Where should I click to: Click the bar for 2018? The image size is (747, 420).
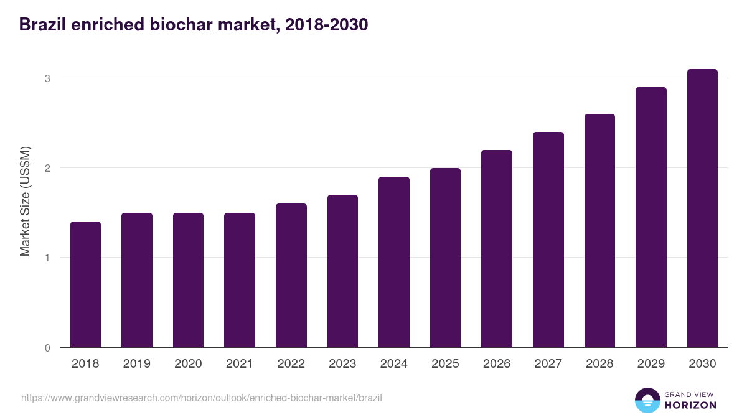(85, 284)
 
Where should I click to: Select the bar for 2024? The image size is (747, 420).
(394, 262)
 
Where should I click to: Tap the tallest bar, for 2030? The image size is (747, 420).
(702, 208)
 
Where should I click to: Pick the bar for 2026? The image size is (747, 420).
(497, 249)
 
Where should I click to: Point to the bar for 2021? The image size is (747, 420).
(240, 280)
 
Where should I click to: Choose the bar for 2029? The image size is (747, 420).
(651, 217)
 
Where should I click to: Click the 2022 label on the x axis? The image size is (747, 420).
(291, 364)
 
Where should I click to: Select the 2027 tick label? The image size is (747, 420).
(548, 364)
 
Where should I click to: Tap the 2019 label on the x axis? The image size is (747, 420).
(136, 364)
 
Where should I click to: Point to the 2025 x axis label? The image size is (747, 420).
(445, 364)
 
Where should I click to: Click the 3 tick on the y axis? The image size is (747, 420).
(47, 78)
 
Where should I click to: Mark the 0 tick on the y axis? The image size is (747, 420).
(47, 348)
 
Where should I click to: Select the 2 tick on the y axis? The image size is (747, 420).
(47, 168)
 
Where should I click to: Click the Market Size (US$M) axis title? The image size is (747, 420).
(25, 201)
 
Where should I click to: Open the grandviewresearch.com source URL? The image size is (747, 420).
(202, 398)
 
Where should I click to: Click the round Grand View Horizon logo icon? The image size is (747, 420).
(647, 400)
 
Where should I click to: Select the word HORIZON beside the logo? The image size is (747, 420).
(690, 405)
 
